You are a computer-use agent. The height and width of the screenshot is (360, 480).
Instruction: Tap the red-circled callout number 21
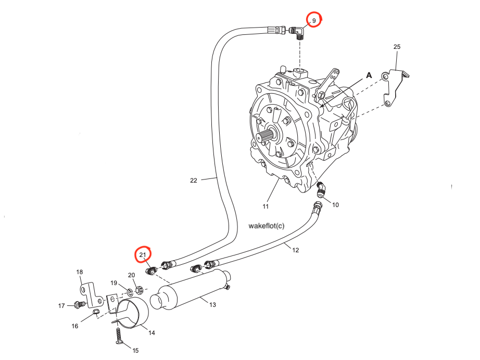coord(143,254)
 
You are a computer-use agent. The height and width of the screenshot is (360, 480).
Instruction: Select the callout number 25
coord(397,47)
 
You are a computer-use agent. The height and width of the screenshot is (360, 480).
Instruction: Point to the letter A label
coord(369,75)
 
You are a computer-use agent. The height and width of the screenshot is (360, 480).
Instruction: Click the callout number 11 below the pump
coord(266,207)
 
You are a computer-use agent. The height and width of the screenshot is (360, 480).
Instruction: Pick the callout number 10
coord(335,205)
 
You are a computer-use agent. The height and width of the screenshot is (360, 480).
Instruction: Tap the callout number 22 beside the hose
coord(194,181)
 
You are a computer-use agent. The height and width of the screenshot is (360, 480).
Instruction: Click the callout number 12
coord(295,250)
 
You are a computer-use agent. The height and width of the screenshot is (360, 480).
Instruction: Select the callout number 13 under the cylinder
coord(212,305)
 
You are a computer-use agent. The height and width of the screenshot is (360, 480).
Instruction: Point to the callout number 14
coord(151,332)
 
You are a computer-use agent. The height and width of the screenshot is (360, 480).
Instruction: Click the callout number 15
coord(135,351)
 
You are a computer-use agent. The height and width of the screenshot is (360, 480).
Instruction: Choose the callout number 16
coord(75,326)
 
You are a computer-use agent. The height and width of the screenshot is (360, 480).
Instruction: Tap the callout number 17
coord(61,305)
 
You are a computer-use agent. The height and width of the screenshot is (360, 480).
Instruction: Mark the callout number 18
coord(80,272)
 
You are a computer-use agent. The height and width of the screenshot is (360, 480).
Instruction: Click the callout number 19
coord(113,282)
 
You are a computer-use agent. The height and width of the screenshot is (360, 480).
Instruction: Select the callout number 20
coord(131,275)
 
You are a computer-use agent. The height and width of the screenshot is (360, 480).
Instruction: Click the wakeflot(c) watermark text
coord(267,226)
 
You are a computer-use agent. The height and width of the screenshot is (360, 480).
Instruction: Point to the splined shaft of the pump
coord(264,138)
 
